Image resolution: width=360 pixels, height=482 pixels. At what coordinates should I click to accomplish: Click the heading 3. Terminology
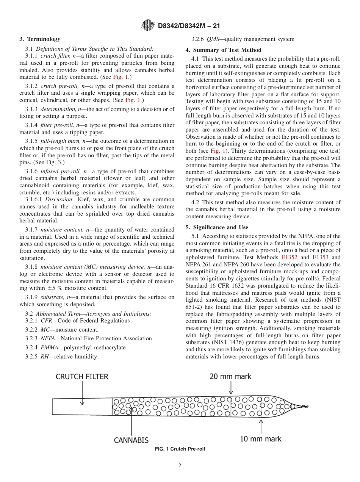click(x=40, y=39)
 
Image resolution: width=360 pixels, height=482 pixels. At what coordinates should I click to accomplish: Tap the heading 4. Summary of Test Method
click(x=223, y=50)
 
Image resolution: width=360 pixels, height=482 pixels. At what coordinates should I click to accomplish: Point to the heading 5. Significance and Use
click(x=217, y=227)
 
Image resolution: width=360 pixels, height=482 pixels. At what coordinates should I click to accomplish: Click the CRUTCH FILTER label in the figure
click(x=82, y=377)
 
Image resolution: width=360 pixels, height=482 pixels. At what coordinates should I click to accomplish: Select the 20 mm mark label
click(x=230, y=377)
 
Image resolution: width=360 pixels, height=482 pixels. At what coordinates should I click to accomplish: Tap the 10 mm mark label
click(x=261, y=439)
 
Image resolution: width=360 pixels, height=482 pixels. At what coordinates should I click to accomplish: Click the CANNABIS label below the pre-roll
click(x=131, y=440)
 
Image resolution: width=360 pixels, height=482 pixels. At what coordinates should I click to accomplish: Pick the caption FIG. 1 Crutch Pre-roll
click(x=180, y=449)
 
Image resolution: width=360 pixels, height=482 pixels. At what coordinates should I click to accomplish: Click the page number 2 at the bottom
click(x=180, y=466)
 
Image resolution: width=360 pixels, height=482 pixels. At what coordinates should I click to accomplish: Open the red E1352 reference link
click(x=290, y=257)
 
